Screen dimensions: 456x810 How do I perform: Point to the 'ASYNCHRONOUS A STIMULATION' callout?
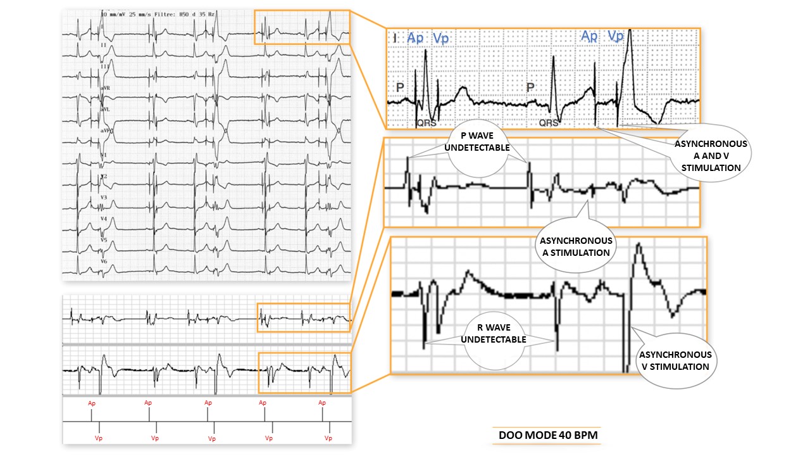[x=575, y=246]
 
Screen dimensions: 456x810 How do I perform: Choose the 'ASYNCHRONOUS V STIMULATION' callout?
[x=675, y=360]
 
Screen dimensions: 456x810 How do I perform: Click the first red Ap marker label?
[x=91, y=403]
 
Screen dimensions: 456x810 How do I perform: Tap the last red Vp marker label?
[x=328, y=438]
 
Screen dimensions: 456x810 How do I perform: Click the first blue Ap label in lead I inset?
[x=416, y=38]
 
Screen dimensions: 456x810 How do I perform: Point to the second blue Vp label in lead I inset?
[x=615, y=36]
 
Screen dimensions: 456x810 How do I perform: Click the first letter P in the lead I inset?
[x=400, y=86]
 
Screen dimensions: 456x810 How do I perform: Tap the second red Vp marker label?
[x=154, y=438]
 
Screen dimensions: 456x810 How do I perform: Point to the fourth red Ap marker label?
[x=263, y=403]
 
